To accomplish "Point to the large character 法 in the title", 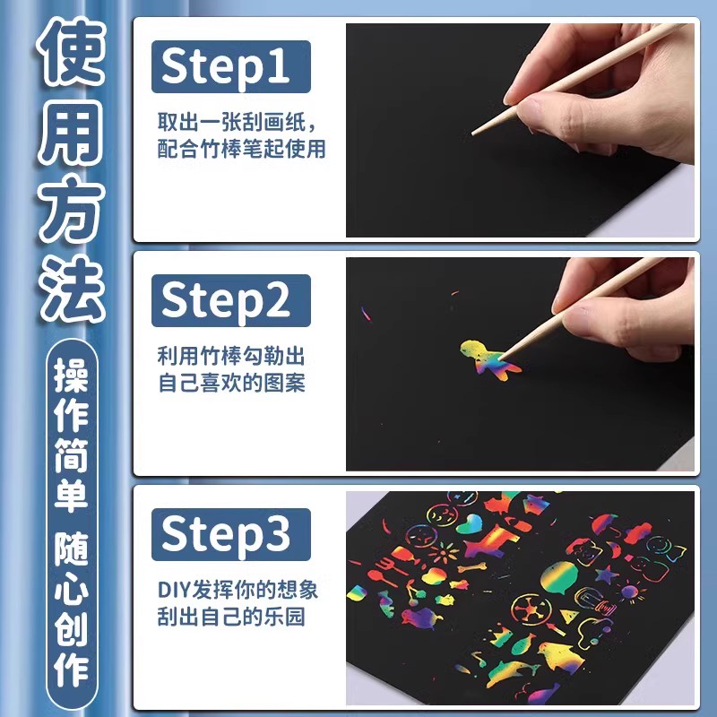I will pos(70,289).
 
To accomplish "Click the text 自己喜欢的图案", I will pos(231,383).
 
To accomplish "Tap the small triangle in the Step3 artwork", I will pos(570,617).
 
